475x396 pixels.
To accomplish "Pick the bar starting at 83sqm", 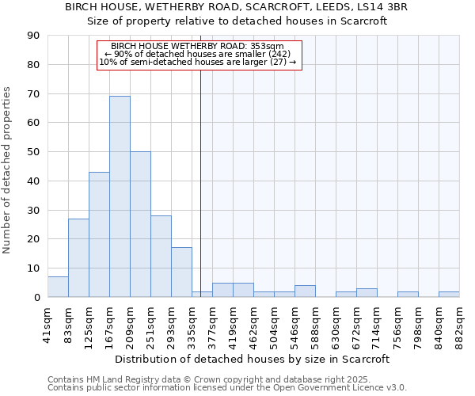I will coord(78,257).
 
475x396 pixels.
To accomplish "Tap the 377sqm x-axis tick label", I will coord(212,324).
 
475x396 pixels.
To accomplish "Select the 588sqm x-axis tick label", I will coord(315,324).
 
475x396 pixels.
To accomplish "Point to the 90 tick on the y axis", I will coord(33,36).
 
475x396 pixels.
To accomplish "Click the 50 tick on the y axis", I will coord(33,151).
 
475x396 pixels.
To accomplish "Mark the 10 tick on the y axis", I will coord(33,268).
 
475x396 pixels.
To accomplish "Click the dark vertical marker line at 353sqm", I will coord(200,174).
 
